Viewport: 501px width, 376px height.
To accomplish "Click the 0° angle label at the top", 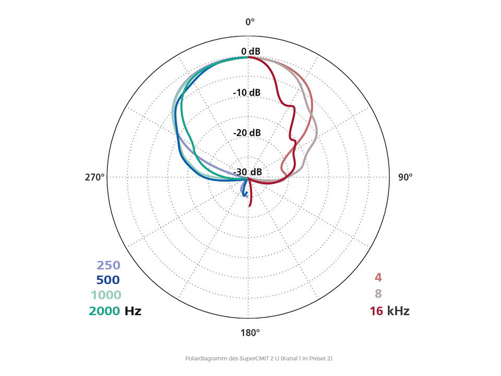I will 250,22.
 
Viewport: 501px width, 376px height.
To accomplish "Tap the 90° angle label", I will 405,177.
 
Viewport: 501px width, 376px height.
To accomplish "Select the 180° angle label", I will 250,333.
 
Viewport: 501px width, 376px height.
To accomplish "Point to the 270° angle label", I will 95,177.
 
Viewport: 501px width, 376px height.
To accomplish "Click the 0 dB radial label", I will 250,51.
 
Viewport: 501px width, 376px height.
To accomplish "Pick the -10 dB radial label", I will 247,92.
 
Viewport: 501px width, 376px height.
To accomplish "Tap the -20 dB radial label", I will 247,133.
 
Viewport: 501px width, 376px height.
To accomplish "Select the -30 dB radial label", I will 247,172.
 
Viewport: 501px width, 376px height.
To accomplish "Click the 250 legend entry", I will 109,265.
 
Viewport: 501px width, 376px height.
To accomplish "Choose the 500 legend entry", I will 108,280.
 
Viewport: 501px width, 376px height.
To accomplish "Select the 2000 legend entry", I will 105,311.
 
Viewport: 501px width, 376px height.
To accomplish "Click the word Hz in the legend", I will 133,311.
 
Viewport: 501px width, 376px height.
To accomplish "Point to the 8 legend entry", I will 378,294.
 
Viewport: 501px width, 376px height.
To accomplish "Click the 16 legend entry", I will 376,311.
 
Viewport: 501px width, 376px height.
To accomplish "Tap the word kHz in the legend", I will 398,311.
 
